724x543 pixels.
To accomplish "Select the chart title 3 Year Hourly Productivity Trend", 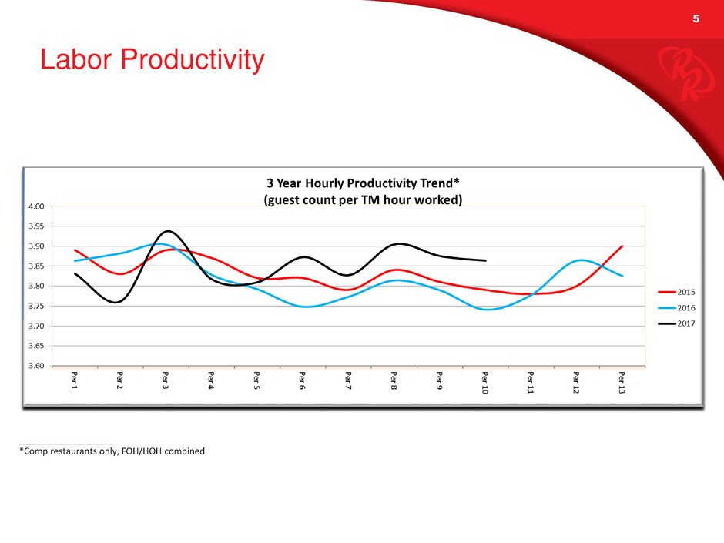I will tap(363, 185).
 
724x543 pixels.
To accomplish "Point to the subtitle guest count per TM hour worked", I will tap(363, 200).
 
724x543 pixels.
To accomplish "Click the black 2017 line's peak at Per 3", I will tap(167, 231).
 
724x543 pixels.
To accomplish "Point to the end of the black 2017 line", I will tap(485, 260).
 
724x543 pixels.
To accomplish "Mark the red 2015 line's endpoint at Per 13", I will tap(622, 246).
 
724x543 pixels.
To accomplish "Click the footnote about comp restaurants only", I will tap(112, 451).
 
